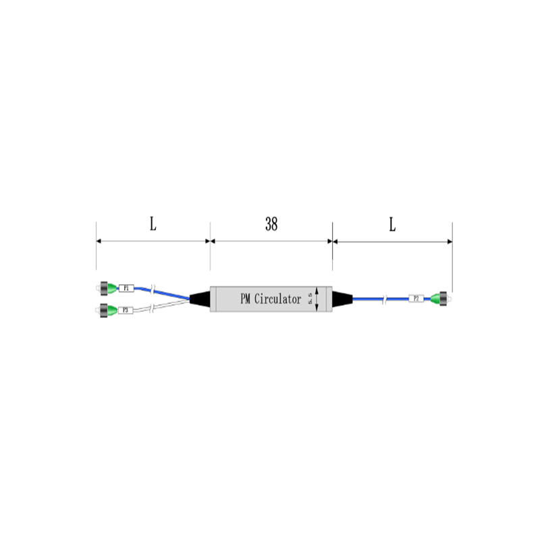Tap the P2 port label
pyautogui.click(x=416, y=298)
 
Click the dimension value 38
pyautogui.click(x=271, y=225)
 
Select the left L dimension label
pyautogui.click(x=153, y=225)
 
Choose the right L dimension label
pyautogui.click(x=392, y=225)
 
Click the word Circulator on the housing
pyautogui.click(x=277, y=299)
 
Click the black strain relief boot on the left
pyautogui.click(x=200, y=299)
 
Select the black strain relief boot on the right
pyautogui.click(x=343, y=298)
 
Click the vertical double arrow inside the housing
pyautogui.click(x=317, y=298)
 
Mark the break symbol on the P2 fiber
pyautogui.click(x=385, y=298)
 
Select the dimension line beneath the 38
pyautogui.click(x=271, y=241)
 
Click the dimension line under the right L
pyautogui.click(x=392, y=241)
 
